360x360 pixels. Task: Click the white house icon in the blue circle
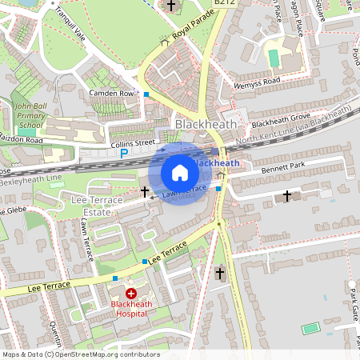point(180,173)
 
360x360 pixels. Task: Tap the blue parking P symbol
point(123,153)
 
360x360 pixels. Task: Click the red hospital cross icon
point(130,294)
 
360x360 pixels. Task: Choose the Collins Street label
point(132,143)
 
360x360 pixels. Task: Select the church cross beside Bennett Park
point(287,196)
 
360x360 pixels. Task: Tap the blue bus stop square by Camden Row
point(146,95)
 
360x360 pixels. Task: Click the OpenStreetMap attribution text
point(81,354)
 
